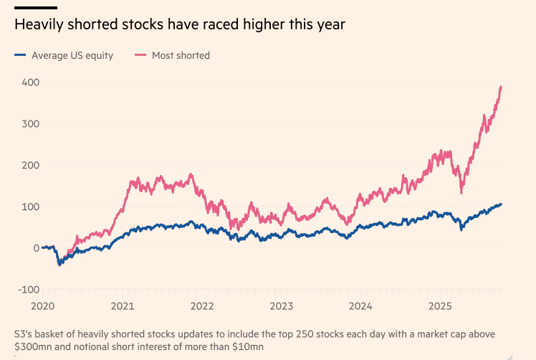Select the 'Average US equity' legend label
(72, 55)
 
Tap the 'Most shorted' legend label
(181, 55)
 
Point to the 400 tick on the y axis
(29, 82)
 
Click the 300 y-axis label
(29, 124)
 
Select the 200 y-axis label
(29, 165)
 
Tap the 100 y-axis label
(29, 207)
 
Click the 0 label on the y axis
(34, 248)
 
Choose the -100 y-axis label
(27, 289)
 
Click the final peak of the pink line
(501, 87)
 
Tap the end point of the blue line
(501, 204)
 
